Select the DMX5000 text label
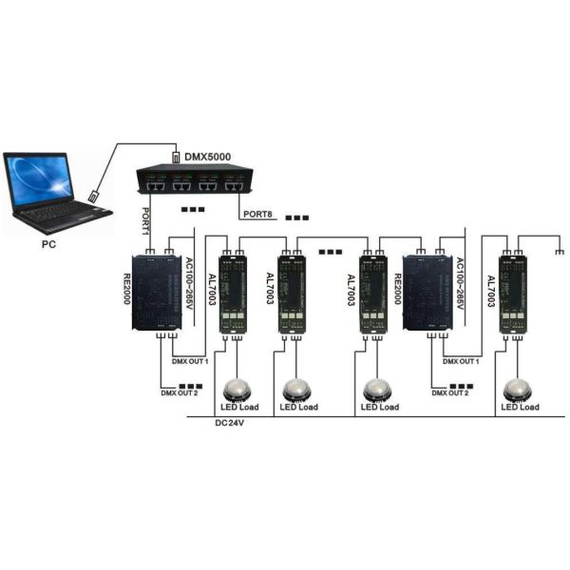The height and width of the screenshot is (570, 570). pyautogui.click(x=208, y=156)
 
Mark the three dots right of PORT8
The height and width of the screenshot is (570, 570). pyautogui.click(x=297, y=218)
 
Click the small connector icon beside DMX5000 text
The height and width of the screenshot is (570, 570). pyautogui.click(x=175, y=156)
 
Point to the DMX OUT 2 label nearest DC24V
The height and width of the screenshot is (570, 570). pyautogui.click(x=180, y=391)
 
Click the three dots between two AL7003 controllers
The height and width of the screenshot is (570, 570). pyautogui.click(x=332, y=253)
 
